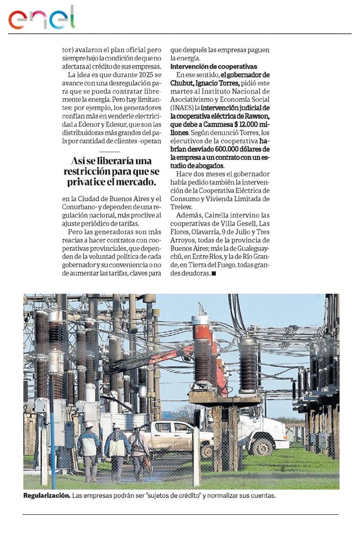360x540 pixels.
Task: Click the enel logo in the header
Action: (x=41, y=18)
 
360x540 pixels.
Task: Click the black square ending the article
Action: (x=214, y=273)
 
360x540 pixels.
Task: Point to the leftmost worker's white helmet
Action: (x=89, y=424)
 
